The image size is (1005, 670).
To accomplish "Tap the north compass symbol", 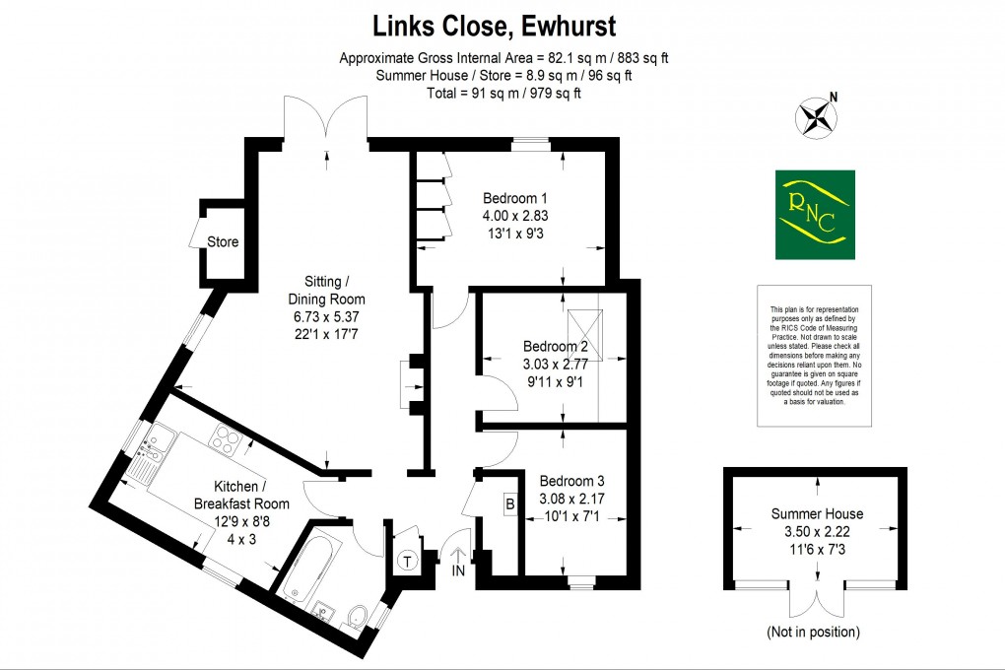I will [816, 116].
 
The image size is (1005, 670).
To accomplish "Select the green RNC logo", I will [815, 215].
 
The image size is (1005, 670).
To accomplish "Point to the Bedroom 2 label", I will [556, 347].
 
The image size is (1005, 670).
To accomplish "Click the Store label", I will [223, 241].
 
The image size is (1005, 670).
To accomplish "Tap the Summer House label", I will [817, 513].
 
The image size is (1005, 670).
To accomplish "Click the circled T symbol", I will [406, 562].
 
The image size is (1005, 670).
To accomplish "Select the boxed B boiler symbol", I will [510, 504].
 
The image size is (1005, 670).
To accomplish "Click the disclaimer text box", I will [815, 356].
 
